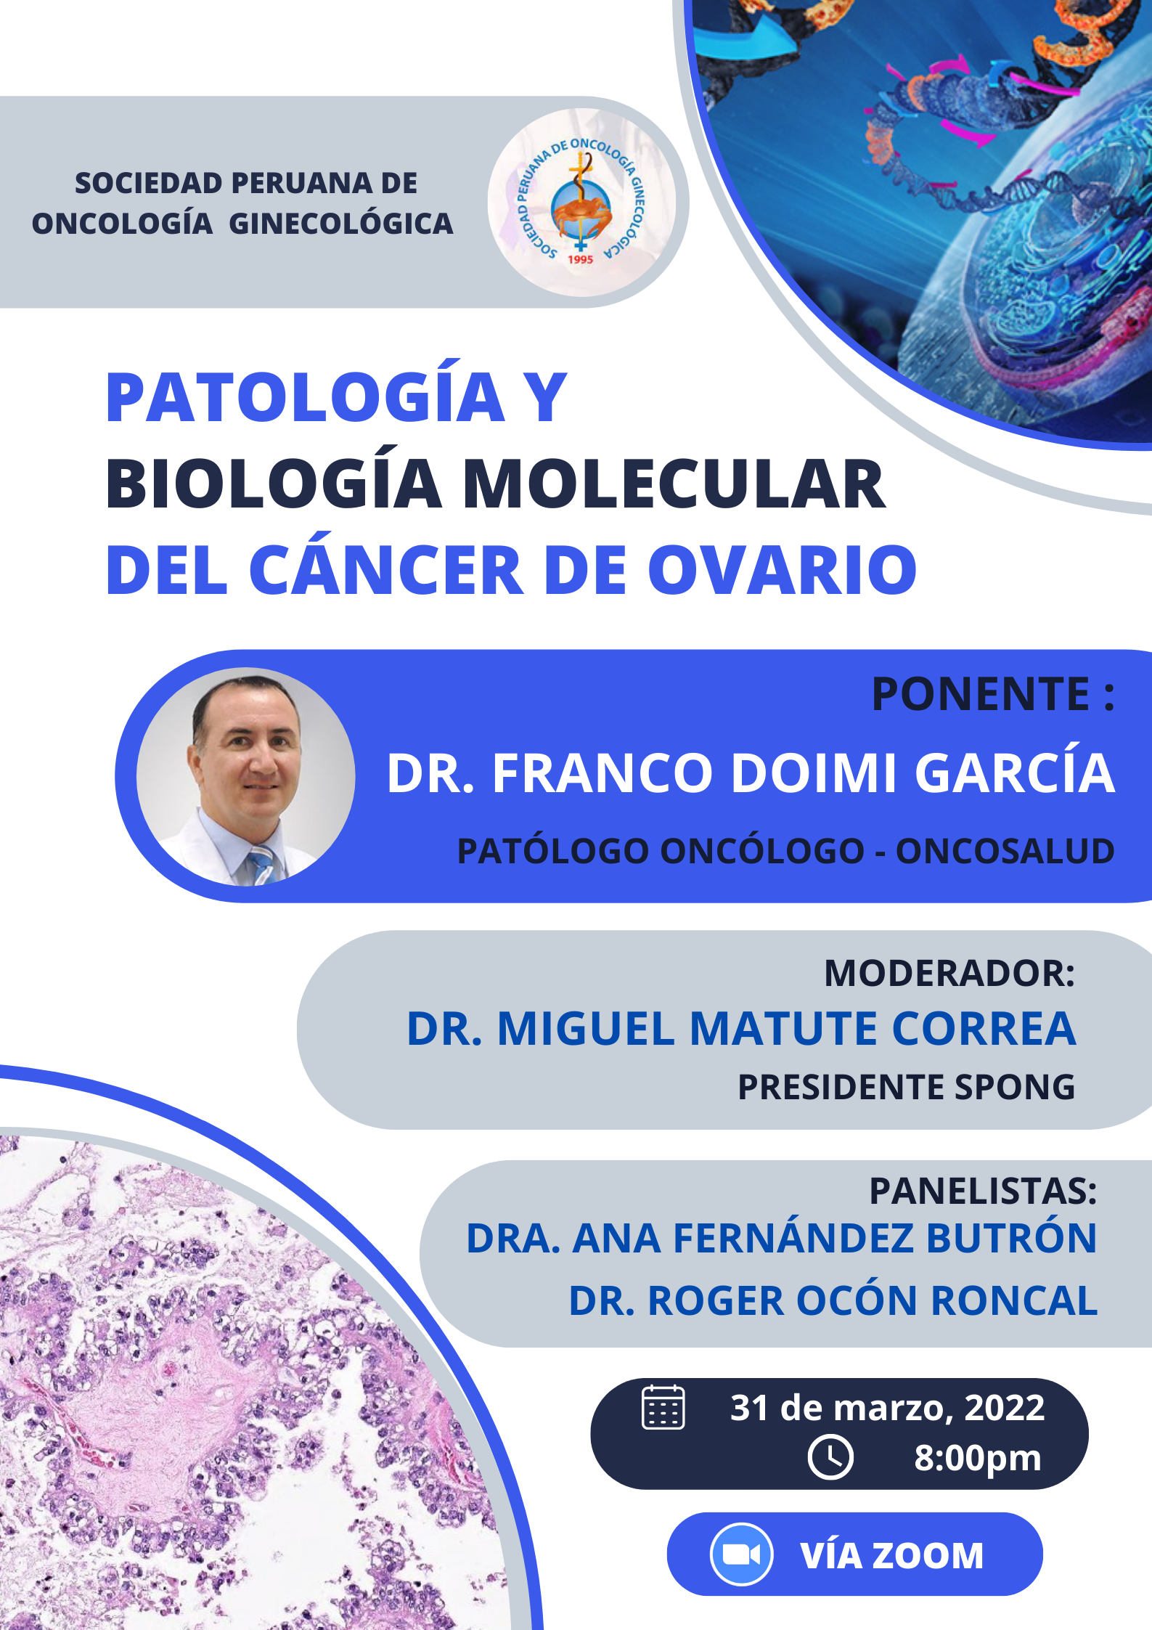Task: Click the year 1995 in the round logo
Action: [x=580, y=259]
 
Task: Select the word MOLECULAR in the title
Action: [x=674, y=484]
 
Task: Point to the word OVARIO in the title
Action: [x=783, y=570]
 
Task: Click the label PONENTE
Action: [x=981, y=693]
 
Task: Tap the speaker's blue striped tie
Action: [x=261, y=865]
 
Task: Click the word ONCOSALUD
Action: [x=1005, y=851]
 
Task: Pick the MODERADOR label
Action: [x=949, y=973]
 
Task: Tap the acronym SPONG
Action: [x=1014, y=1087]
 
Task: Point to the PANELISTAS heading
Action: [x=983, y=1191]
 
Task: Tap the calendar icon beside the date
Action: [x=663, y=1407]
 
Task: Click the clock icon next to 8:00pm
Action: [x=830, y=1456]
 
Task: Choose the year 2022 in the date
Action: [x=1004, y=1408]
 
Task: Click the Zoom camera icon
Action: [x=741, y=1554]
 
